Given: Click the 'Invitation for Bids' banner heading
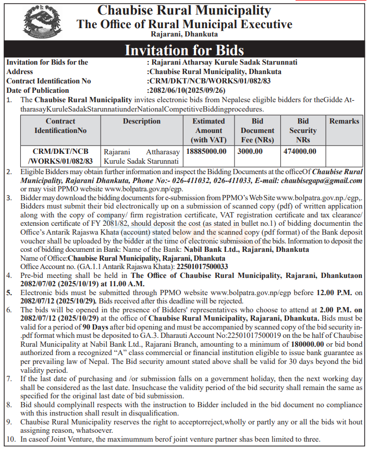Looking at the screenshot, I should (x=184, y=50).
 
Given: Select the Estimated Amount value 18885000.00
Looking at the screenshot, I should (x=206, y=151).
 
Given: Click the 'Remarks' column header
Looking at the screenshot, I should (x=344, y=121).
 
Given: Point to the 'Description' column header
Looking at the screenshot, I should (x=141, y=121).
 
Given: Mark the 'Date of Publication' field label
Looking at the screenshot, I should (x=38, y=90).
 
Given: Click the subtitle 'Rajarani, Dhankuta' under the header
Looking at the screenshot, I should (x=184, y=34).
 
